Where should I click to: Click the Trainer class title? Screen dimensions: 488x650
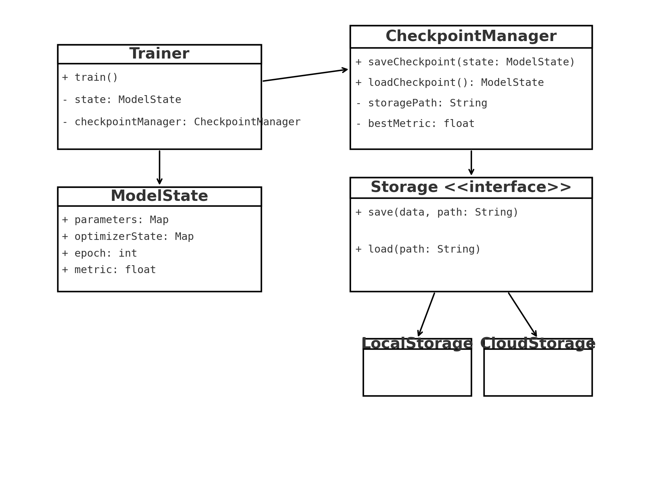pyautogui.click(x=159, y=54)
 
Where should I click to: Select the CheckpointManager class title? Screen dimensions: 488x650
pyautogui.click(x=471, y=37)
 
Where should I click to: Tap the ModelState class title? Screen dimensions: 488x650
pyautogui.click(x=159, y=196)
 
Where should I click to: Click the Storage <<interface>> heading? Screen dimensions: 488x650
pyautogui.click(x=471, y=188)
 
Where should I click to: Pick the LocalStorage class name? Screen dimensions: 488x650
pyautogui.click(x=417, y=344)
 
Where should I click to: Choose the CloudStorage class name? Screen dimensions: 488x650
pyautogui.click(x=537, y=344)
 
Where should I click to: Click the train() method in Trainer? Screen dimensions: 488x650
pyautogui.click(x=90, y=78)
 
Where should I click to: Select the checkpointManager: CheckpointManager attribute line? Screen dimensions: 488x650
pyautogui.click(x=181, y=122)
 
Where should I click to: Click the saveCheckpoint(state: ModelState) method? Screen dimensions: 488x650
pyautogui.click(x=465, y=62)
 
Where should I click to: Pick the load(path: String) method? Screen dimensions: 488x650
pyautogui.click(x=418, y=249)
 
